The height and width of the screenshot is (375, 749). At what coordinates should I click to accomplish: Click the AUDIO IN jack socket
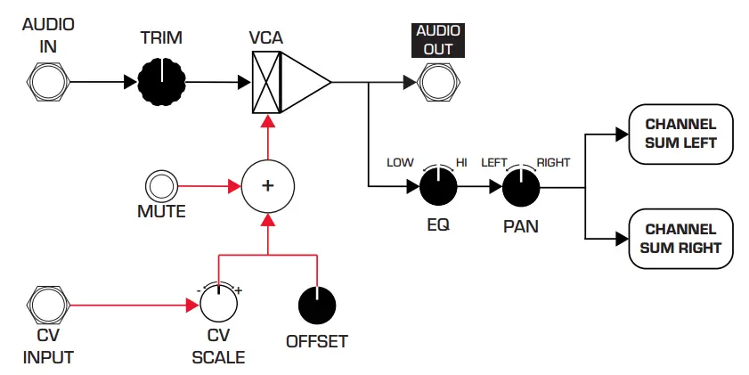[46, 83]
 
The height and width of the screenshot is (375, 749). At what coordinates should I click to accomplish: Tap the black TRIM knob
[161, 83]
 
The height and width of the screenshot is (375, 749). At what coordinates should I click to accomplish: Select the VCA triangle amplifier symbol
[303, 83]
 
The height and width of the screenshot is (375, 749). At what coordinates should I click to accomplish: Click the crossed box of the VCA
[266, 83]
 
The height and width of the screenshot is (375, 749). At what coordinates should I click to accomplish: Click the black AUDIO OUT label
[437, 40]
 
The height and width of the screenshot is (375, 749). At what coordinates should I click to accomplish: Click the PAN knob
[521, 187]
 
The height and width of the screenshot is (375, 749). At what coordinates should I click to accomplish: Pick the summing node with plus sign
[266, 186]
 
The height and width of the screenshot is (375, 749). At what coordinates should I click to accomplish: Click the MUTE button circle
[161, 186]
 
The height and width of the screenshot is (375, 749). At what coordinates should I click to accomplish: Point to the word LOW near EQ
[400, 163]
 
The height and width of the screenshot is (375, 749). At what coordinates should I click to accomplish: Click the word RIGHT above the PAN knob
[552, 163]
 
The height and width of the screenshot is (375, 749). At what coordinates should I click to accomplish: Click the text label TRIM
[161, 40]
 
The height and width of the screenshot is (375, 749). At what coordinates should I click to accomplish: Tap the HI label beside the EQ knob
[461, 163]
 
